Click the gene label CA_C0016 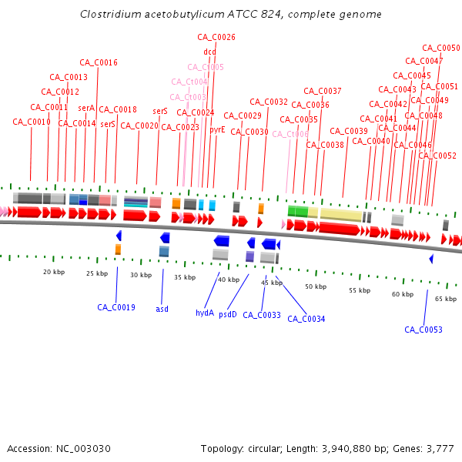[99, 62]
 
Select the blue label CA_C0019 [116, 307]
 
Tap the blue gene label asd [162, 309]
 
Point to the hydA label [205, 313]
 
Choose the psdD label [228, 314]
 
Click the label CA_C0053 [423, 330]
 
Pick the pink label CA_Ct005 [206, 68]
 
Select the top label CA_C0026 [216, 37]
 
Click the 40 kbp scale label [229, 280]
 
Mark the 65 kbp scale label [446, 299]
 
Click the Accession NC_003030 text [59, 448]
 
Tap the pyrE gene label [217, 130]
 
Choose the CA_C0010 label [32, 122]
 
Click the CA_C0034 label [306, 319]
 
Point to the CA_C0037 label [323, 91]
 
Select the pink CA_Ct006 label [290, 134]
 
